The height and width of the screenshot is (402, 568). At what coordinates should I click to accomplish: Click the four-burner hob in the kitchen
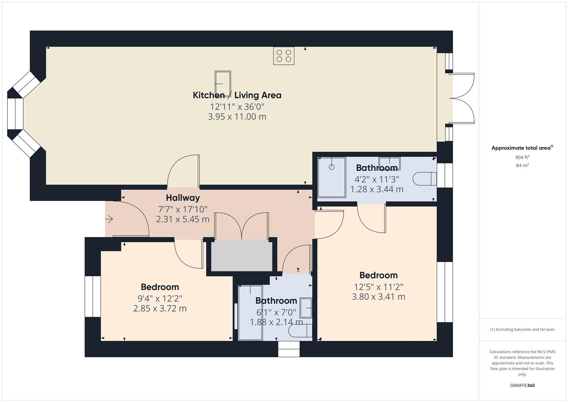coord(283,56)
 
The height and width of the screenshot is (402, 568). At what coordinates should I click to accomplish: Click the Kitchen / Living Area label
coord(237,95)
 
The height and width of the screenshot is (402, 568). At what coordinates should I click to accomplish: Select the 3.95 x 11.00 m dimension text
coord(237,117)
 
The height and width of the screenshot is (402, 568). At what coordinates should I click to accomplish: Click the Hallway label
coord(183,198)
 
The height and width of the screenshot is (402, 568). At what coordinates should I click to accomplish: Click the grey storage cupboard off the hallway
coord(242,255)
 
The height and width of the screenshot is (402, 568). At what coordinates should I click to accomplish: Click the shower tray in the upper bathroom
coord(332,177)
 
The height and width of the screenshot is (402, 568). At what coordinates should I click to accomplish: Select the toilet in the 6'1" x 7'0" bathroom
coord(301,331)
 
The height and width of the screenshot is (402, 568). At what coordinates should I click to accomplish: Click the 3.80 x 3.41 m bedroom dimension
coord(378,297)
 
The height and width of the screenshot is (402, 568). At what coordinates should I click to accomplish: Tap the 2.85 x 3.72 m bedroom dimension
coord(160,309)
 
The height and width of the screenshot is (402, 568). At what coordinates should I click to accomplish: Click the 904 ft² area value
coord(522,157)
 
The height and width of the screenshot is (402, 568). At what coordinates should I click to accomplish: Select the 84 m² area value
coord(522,166)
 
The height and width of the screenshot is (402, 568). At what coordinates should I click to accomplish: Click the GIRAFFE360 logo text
coord(522,386)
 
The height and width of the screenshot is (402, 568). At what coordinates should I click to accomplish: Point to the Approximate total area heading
coord(522,148)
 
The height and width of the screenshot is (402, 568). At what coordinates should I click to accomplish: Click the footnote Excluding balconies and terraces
coord(522,329)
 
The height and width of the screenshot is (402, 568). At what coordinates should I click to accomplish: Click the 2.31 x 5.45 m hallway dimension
coord(183,219)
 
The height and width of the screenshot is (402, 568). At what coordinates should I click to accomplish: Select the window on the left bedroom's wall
coord(92,296)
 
